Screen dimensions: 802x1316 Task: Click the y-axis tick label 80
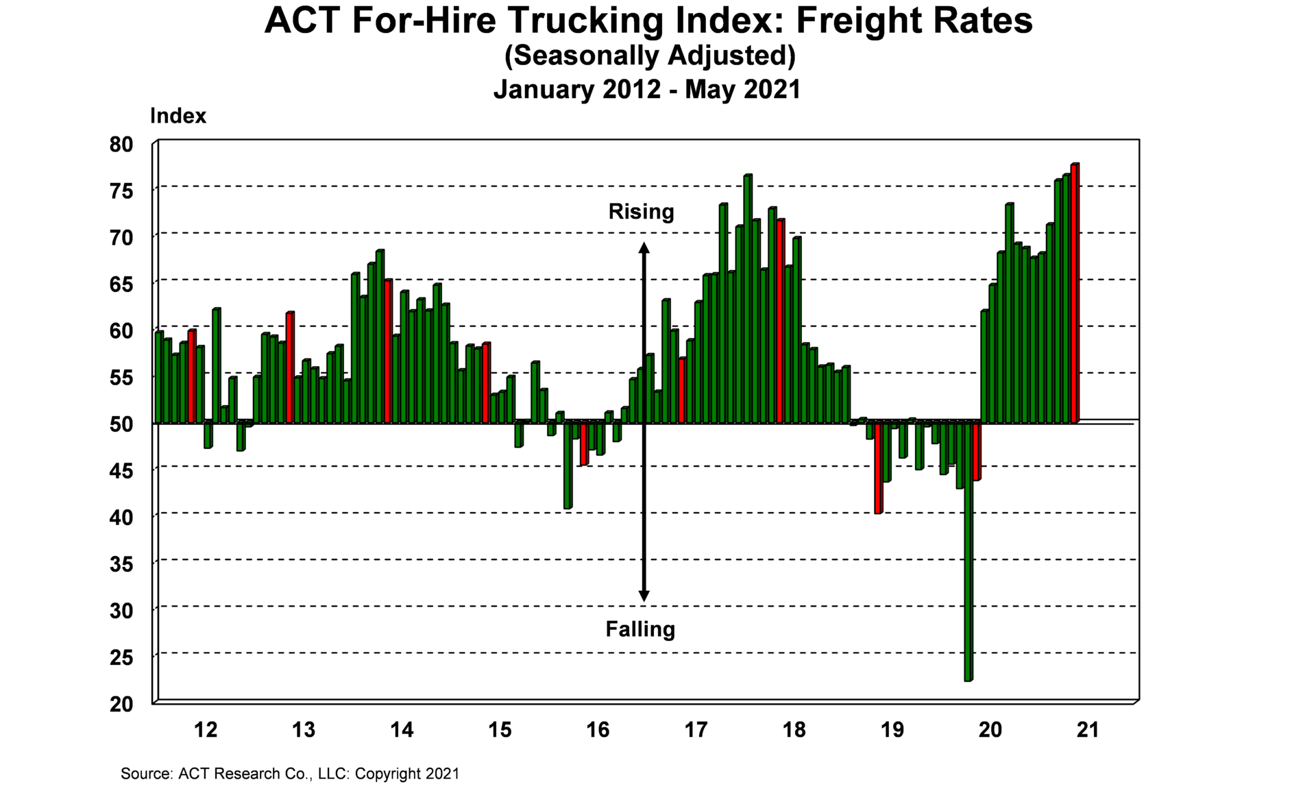pos(121,145)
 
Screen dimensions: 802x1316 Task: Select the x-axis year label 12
pos(206,730)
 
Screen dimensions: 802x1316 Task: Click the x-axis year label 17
pos(696,730)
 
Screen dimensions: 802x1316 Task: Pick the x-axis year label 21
pos(1088,730)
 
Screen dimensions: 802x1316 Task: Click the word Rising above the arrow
pos(641,212)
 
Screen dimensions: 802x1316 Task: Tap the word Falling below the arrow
pos(640,629)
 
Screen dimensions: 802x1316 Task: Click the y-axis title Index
pos(178,117)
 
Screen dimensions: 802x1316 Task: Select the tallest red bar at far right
pos(1074,293)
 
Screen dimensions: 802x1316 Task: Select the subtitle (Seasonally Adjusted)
pos(650,56)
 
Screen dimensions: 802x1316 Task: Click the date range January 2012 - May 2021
pos(647,90)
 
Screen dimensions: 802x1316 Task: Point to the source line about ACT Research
pos(290,774)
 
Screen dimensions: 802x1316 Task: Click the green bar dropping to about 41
pos(568,465)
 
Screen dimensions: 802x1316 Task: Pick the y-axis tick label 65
pos(121,284)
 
